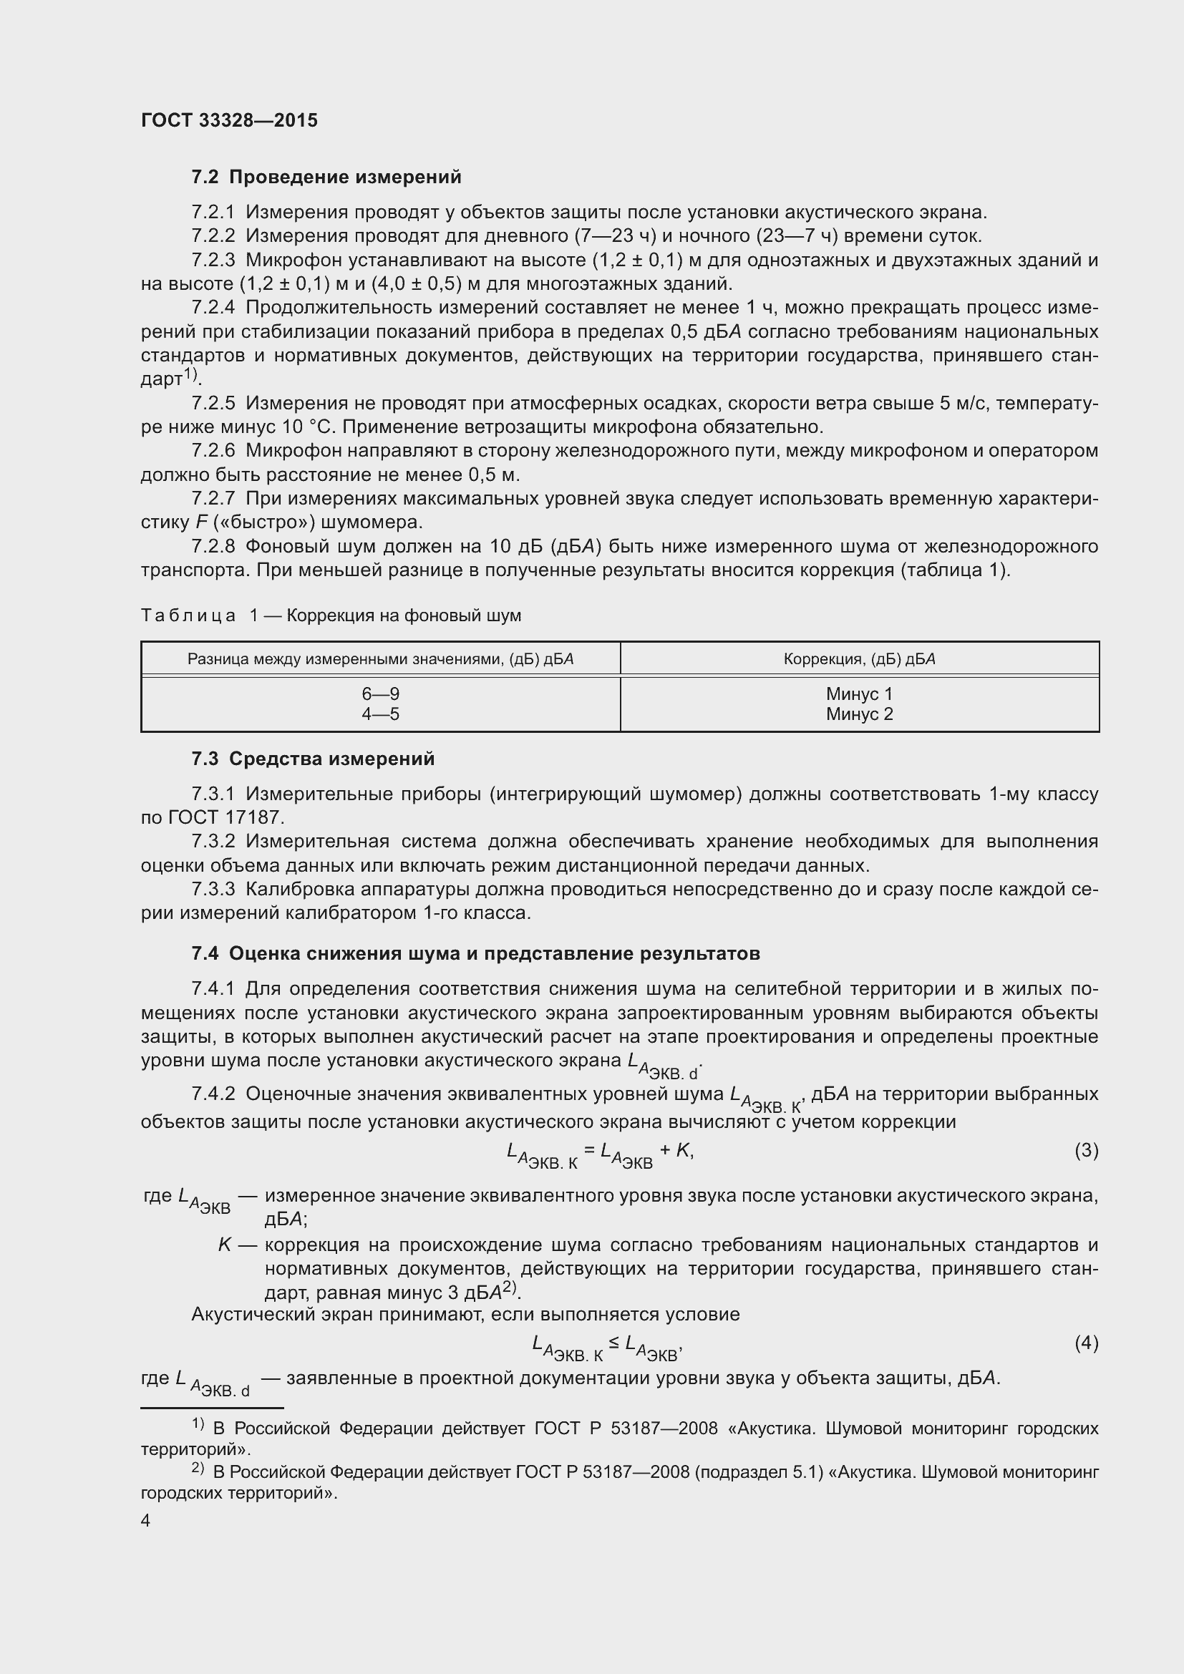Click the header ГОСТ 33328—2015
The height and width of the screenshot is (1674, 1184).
[x=229, y=120]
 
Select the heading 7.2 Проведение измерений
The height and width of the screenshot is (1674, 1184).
[x=326, y=177]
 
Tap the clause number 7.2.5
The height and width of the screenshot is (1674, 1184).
[x=213, y=403]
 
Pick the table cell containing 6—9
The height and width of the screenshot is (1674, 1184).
[x=381, y=694]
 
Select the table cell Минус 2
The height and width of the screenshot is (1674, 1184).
[x=859, y=714]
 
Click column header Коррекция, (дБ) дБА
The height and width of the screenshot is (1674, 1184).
[x=859, y=659]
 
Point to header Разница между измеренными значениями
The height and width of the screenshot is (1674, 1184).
[x=381, y=659]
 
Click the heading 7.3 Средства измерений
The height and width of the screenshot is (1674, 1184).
[x=313, y=759]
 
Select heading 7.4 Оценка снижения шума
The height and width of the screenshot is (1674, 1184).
[x=475, y=953]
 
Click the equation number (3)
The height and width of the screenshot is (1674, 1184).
[x=1086, y=1150]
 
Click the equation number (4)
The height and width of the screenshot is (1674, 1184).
[x=1086, y=1342]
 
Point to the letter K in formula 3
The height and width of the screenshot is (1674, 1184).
[x=682, y=1151]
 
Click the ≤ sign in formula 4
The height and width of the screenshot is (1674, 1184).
[x=614, y=1341]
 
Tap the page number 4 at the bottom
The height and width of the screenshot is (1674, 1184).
[x=146, y=1520]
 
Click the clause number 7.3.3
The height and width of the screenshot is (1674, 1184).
[x=213, y=890]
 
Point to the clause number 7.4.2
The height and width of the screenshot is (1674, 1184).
[x=213, y=1094]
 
